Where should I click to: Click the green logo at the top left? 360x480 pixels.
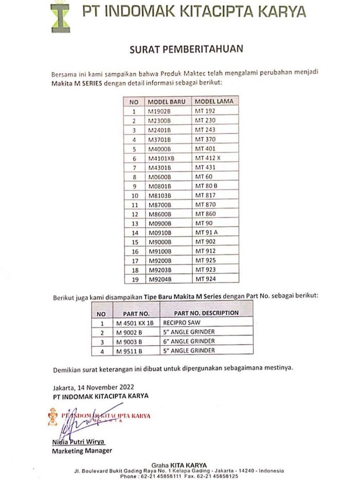coord(60,16)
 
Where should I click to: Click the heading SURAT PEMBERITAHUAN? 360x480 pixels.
coord(186,49)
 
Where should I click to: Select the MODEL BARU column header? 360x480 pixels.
coord(166,101)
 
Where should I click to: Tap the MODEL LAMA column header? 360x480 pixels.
coord(214,101)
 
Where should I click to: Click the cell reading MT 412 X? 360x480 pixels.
coord(207,158)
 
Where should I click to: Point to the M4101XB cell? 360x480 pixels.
coord(161,158)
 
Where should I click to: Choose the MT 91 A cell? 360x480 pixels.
coord(206,233)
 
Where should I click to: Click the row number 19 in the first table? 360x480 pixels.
coord(134,279)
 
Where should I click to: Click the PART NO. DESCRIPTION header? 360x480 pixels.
coord(206,313)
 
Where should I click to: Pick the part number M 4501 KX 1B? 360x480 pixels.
coord(135,323)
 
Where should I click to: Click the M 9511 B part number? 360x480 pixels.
coord(129,350)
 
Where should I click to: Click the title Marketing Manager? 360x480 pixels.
coord(82,451)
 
